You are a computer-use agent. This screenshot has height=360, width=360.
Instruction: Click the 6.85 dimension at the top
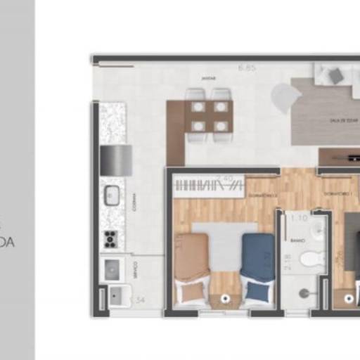(x=246, y=68)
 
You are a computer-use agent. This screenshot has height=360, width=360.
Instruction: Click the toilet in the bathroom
(x=311, y=260)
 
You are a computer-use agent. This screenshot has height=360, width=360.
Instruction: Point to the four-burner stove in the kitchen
(x=110, y=239)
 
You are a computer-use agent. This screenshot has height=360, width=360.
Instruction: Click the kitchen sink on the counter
(x=112, y=195)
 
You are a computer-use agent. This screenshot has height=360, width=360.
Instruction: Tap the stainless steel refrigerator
(x=116, y=160)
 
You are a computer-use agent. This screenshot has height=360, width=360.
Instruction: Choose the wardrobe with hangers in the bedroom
(x=208, y=185)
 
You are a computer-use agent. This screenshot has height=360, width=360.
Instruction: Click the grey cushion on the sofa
(x=337, y=75)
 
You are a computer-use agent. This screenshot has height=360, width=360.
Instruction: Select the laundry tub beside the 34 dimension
(x=117, y=296)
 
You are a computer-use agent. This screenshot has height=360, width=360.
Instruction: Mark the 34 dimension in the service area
(x=140, y=300)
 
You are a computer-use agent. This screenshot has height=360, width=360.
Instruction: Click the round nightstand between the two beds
(x=225, y=299)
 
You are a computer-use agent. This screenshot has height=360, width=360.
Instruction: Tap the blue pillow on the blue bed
(x=257, y=290)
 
